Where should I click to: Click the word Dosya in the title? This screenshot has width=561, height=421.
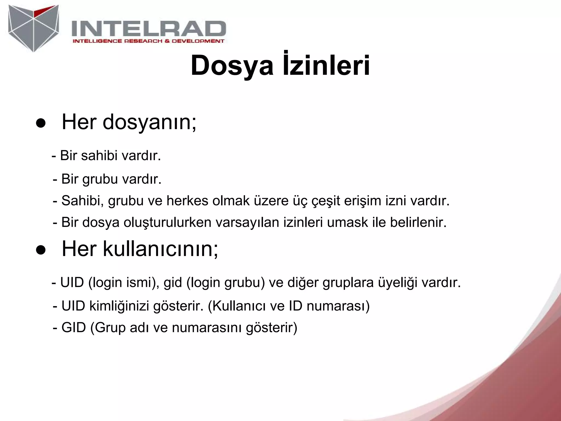232,66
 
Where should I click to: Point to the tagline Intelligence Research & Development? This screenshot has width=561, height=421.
148,41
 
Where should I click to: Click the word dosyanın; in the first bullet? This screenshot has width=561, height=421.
150,122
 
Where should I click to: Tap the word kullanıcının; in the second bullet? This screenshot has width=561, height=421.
161,249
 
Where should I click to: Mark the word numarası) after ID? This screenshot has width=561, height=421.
338,306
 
